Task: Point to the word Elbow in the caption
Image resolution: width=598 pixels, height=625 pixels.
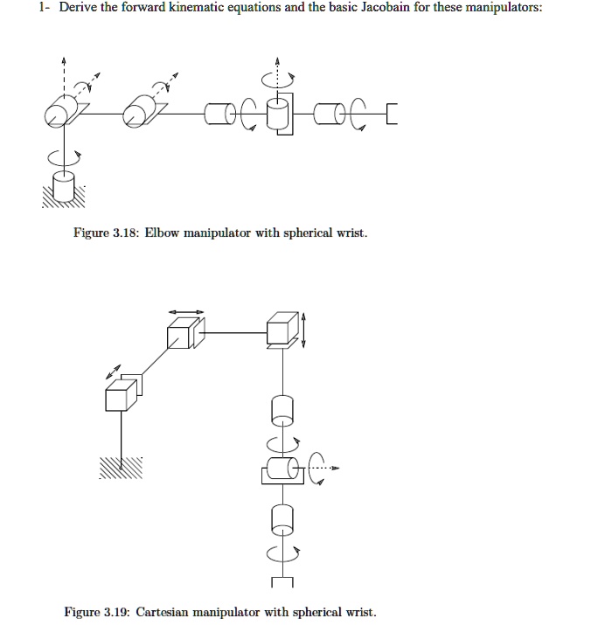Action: tap(163, 234)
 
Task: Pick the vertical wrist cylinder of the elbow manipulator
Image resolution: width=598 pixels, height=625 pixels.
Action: tap(278, 114)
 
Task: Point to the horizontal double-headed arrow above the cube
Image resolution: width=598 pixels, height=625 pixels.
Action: tap(186, 310)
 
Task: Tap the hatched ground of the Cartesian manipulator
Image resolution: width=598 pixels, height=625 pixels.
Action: tap(121, 469)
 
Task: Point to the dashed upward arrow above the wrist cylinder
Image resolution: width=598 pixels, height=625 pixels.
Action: tap(278, 68)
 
